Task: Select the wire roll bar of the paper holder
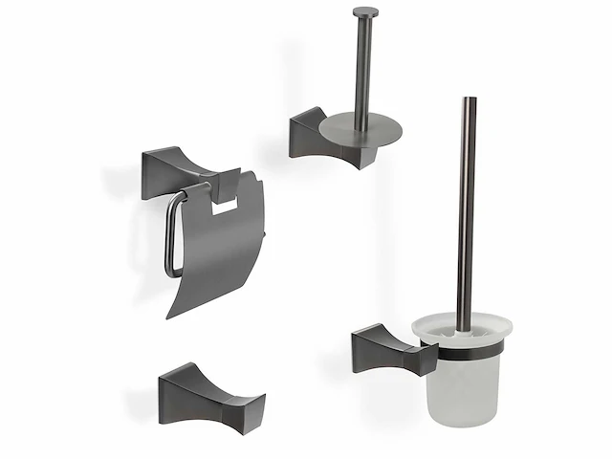(x=172, y=234)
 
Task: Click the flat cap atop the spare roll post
(x=365, y=12)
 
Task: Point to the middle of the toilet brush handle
(x=466, y=210)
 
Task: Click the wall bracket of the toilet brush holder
(x=378, y=346)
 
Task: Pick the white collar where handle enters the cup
(x=463, y=333)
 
